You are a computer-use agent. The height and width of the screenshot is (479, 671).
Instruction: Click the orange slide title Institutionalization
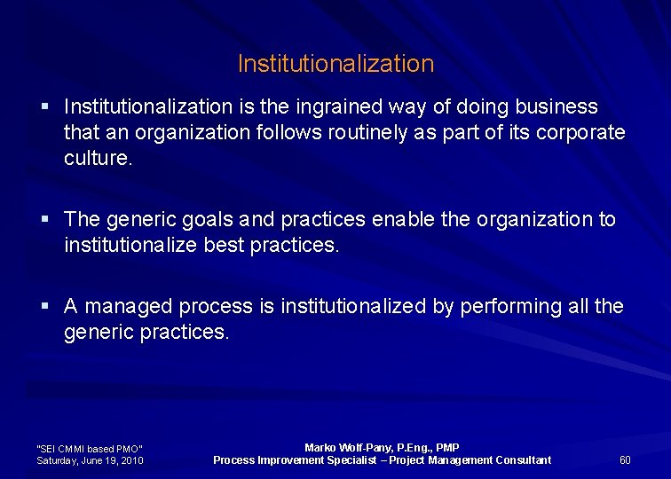[335, 64]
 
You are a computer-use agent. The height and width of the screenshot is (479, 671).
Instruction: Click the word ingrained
[342, 107]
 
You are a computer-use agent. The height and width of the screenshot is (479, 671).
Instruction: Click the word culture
[98, 159]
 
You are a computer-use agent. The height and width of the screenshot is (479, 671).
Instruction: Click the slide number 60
[625, 459]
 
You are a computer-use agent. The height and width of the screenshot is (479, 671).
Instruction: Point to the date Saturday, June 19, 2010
[90, 460]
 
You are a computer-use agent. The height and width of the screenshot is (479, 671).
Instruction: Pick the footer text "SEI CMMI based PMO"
[89, 449]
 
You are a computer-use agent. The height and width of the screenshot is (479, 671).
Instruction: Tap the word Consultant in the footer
[519, 459]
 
